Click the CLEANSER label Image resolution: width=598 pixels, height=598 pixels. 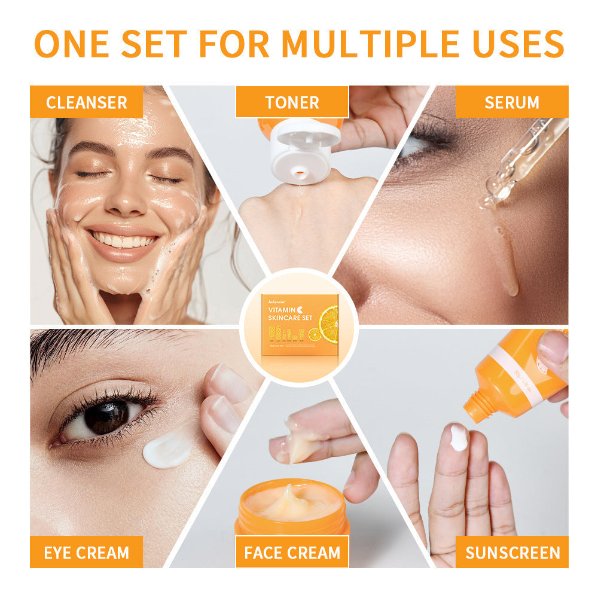click(87, 102)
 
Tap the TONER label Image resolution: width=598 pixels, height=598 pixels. click(292, 102)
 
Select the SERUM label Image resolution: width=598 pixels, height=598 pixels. click(511, 102)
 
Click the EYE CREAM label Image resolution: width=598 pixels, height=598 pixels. click(87, 552)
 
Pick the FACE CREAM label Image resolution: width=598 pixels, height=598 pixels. click(292, 552)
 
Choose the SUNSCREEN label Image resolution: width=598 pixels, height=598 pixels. click(512, 552)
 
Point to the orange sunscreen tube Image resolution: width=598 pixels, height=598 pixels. click(514, 374)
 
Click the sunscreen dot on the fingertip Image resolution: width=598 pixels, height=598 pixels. click(459, 438)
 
